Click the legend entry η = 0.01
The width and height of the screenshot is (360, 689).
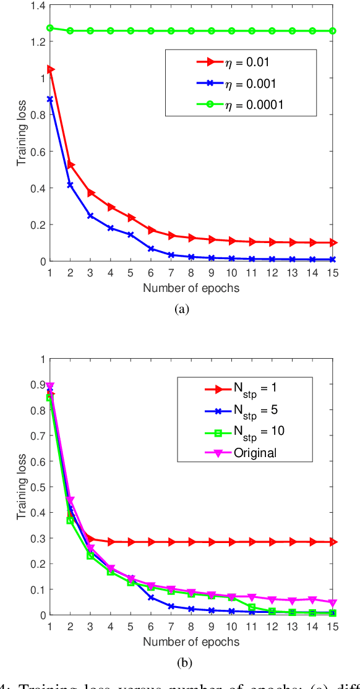[x=235, y=61]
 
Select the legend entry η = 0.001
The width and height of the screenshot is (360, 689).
[x=235, y=83]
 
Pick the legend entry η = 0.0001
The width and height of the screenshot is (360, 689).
[x=235, y=105]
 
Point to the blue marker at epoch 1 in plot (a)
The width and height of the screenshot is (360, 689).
[x=50, y=99]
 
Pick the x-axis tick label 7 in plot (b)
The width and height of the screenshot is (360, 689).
[x=170, y=626]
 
